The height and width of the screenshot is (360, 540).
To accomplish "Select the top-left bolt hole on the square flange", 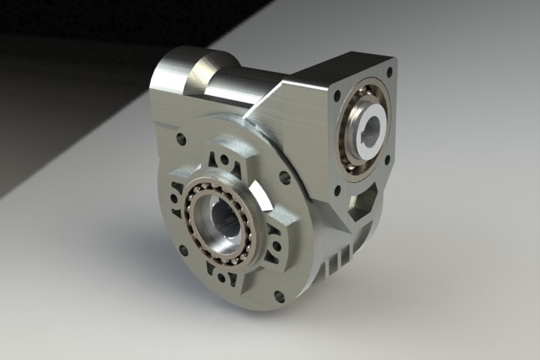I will pyautogui.click(x=337, y=95).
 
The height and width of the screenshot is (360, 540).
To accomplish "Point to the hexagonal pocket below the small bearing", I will pyautogui.click(x=365, y=202).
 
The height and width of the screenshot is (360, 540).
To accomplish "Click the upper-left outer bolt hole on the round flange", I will pyautogui.click(x=181, y=139).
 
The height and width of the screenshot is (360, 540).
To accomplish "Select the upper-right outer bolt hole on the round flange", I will pyautogui.click(x=284, y=178).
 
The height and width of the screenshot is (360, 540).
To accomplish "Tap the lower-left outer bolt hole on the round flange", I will pyautogui.click(x=183, y=250).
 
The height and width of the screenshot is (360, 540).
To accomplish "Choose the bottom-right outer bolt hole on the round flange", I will pyautogui.click(x=279, y=296).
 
